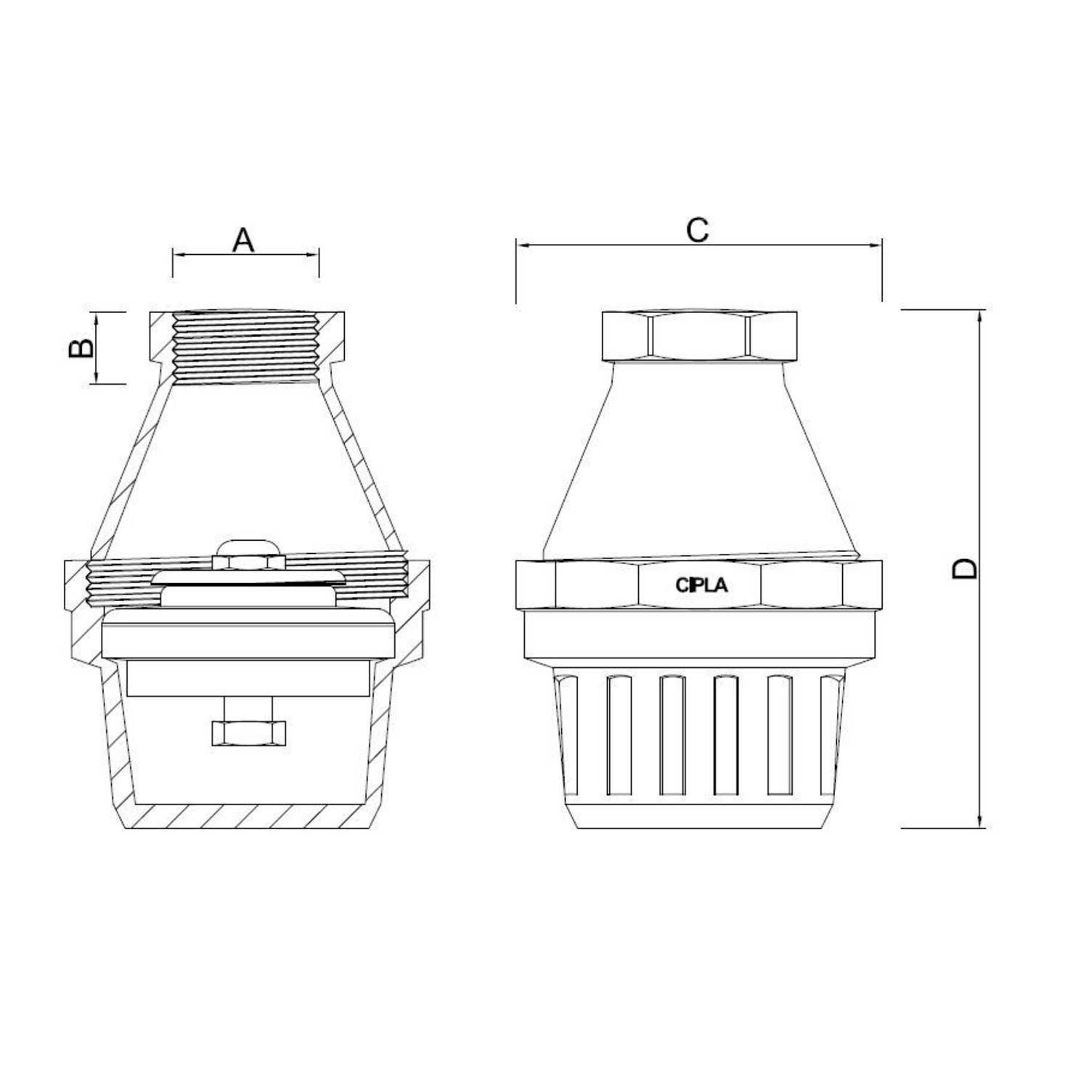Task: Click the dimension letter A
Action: pyautogui.click(x=243, y=240)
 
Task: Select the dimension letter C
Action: pyautogui.click(x=697, y=230)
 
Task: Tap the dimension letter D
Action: pyautogui.click(x=965, y=568)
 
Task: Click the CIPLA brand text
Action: pyautogui.click(x=701, y=585)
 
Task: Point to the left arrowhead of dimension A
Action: pyautogui.click(x=179, y=254)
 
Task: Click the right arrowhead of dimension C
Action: pyautogui.click(x=876, y=245)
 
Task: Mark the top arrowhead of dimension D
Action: pyautogui.click(x=981, y=316)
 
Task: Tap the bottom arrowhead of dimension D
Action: pyautogui.click(x=981, y=820)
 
